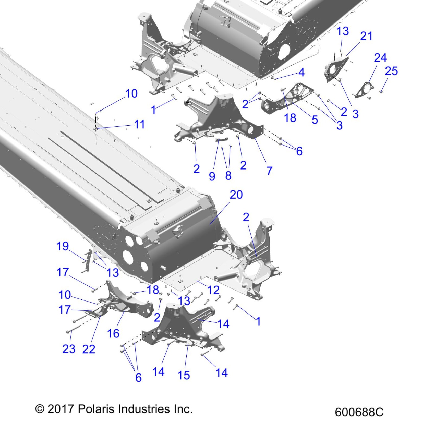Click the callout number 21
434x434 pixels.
[x=366, y=36]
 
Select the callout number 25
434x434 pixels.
[x=391, y=71]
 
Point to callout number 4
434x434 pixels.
[x=302, y=73]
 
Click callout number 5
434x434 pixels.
[x=315, y=120]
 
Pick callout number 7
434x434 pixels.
[x=269, y=171]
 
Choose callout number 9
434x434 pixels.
[x=212, y=176]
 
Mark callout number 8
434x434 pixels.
[x=228, y=176]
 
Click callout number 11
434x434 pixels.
[x=139, y=125]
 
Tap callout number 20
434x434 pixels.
[x=236, y=195]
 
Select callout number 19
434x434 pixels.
[x=63, y=246]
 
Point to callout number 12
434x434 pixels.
[x=213, y=290]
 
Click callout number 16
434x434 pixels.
[x=113, y=333]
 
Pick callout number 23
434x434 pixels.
[x=69, y=349]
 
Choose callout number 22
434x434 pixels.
[x=89, y=349]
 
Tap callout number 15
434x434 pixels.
[x=184, y=375]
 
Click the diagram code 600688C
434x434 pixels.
[x=359, y=412]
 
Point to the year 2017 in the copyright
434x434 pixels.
[x=61, y=409]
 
